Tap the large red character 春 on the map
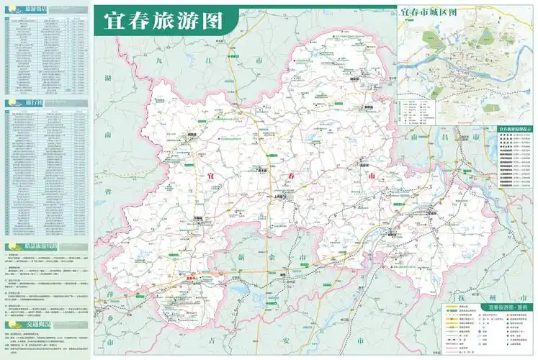click(x=289, y=176)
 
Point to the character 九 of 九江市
click(x=160, y=62)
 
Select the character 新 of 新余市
click(x=243, y=256)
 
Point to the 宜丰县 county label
click(x=262, y=171)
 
